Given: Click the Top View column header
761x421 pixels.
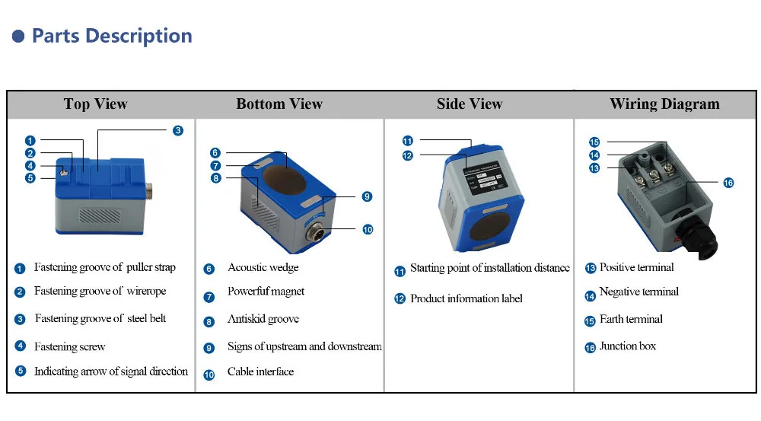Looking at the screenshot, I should tap(95, 104).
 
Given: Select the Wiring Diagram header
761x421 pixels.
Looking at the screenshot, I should tap(664, 104).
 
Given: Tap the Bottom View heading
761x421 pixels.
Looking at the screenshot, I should tap(279, 104).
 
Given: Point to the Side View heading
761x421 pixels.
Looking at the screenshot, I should tap(470, 104).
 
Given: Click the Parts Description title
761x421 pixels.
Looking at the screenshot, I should tap(112, 36).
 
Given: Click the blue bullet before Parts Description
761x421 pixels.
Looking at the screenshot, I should tap(18, 37).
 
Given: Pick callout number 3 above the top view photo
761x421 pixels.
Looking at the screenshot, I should tap(177, 130).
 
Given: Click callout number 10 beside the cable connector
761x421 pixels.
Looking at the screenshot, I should tap(368, 228).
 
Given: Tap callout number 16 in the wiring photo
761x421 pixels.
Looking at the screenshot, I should tap(728, 183).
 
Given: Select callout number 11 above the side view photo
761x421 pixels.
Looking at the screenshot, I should tap(407, 141).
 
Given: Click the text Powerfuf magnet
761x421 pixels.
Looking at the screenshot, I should tap(266, 292).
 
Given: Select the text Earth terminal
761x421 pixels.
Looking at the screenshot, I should tap(631, 320).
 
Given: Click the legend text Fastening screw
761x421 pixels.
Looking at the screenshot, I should tap(70, 347).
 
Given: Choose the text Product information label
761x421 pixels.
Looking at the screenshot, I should tap(466, 298).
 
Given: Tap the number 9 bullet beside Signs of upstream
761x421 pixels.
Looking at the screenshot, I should tap(209, 348).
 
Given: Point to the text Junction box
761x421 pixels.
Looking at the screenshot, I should tap(628, 346).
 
